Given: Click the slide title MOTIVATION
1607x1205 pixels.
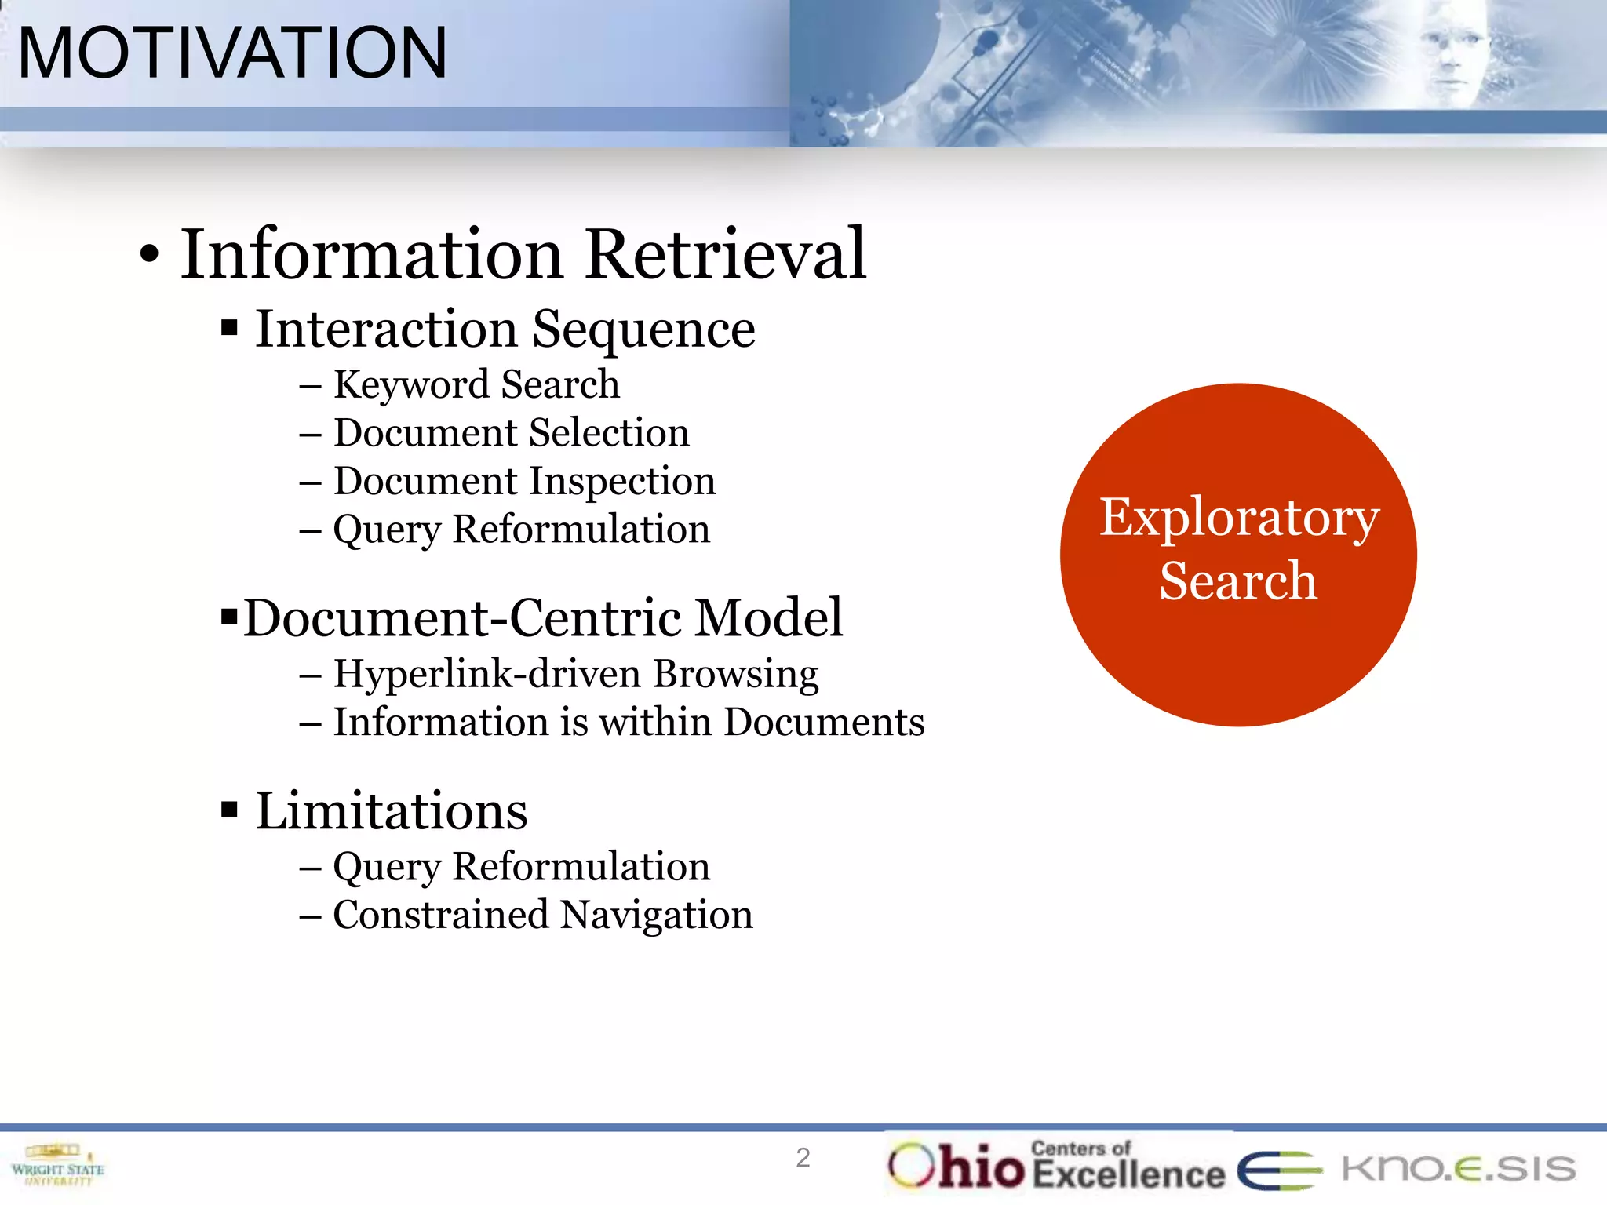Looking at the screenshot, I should [232, 53].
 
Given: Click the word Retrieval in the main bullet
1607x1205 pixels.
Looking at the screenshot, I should [726, 254].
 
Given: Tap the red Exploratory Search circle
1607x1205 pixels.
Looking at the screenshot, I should [1238, 554].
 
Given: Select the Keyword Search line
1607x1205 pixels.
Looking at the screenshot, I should [476, 384].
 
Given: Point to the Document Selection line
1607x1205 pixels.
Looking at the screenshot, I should [511, 433].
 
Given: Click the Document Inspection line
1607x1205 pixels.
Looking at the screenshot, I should [524, 481].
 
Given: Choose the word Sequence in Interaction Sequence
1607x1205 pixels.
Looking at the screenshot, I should [643, 329].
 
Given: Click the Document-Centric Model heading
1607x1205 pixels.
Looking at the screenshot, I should [543, 618].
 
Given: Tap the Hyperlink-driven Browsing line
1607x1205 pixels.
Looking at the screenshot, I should [575, 674].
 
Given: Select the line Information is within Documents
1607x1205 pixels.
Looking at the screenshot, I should [629, 722].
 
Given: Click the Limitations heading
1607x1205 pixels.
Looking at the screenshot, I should [391, 810].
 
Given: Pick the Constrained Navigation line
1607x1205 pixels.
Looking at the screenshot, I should [543, 915].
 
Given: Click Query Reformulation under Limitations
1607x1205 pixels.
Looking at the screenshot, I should [521, 867].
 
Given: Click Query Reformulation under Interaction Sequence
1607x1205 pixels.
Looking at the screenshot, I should [521, 530].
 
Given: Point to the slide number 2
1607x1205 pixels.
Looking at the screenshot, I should [803, 1158].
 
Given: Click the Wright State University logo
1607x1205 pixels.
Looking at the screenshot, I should [57, 1166].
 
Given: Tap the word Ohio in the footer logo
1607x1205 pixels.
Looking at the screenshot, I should [957, 1166].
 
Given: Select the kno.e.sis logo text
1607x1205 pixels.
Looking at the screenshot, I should [1458, 1168].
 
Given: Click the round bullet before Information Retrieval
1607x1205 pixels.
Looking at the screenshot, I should [149, 255].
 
